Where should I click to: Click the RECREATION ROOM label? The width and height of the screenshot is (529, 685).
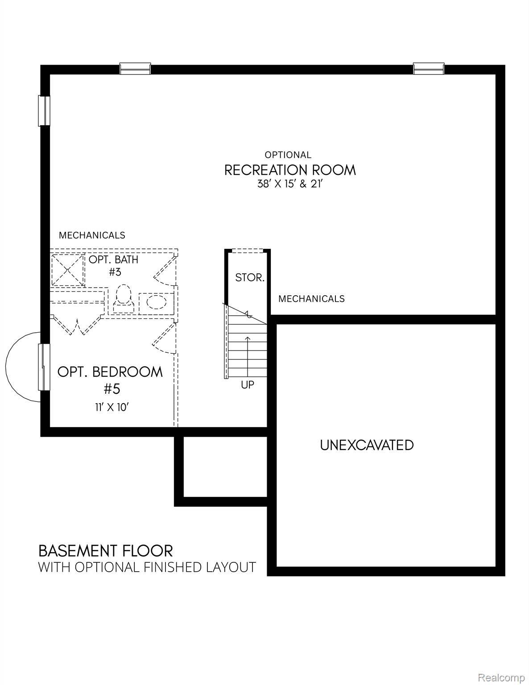point(289,170)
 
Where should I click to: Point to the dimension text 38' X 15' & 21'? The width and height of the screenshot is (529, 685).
point(289,184)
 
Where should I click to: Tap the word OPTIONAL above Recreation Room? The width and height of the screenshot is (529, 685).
point(288,155)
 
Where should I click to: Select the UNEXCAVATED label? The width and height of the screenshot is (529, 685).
point(367,445)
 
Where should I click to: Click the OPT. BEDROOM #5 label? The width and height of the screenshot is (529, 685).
point(110,380)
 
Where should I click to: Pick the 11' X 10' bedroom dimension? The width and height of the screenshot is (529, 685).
point(112,407)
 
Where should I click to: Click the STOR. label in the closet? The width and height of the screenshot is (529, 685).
point(250,277)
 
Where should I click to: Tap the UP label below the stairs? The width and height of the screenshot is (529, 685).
point(248,384)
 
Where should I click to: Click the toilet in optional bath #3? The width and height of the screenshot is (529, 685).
point(124,300)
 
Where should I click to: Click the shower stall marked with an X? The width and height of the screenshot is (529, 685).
point(67,269)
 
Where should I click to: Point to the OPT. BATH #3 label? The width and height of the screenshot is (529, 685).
point(114,265)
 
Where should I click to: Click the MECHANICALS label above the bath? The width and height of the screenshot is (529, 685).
point(92,235)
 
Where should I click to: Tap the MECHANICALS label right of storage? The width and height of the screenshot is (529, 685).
point(311,299)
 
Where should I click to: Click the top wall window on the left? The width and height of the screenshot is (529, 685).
point(135,69)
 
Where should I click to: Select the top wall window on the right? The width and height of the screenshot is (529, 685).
point(428,69)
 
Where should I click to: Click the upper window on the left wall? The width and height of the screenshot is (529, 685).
point(45,111)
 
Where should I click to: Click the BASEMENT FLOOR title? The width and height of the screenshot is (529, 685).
point(105,551)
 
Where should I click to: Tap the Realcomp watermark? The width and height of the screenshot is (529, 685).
point(501,677)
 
